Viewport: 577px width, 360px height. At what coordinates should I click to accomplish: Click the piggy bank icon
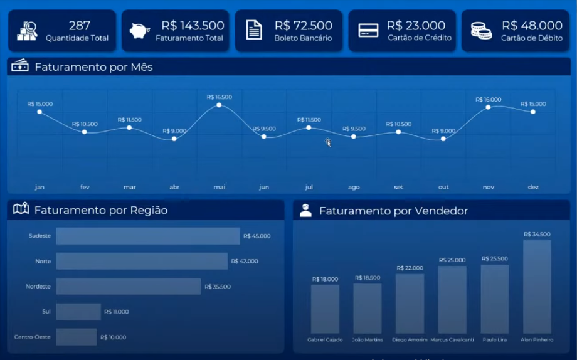(x=140, y=31)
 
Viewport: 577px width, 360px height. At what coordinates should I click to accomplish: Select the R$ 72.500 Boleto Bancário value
(x=303, y=26)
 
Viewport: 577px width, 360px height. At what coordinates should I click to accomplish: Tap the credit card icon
(x=368, y=31)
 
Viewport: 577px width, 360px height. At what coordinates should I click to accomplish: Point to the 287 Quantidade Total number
(x=80, y=26)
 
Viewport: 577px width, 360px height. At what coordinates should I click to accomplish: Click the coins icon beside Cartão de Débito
(x=481, y=31)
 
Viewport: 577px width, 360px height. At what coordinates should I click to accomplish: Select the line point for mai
(x=219, y=105)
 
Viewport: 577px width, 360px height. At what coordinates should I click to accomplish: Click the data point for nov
(x=488, y=108)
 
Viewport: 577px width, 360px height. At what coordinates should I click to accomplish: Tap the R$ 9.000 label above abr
(x=174, y=131)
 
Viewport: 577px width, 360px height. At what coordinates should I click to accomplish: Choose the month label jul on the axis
(x=309, y=187)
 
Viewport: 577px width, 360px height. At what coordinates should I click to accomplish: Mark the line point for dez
(x=533, y=112)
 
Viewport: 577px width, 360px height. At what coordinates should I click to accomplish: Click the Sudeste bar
(x=147, y=236)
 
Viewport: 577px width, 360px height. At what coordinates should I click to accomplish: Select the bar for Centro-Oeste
(x=76, y=337)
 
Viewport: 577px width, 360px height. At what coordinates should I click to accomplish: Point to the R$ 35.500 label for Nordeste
(x=217, y=287)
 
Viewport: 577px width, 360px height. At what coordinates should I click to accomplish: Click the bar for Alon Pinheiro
(x=537, y=287)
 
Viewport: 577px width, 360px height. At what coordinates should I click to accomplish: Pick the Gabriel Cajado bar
(x=325, y=309)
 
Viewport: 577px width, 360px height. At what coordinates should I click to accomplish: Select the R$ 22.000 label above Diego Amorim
(x=410, y=268)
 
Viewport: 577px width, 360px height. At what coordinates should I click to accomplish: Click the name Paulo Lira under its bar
(x=495, y=340)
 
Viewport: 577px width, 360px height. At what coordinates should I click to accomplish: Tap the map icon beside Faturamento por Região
(x=21, y=209)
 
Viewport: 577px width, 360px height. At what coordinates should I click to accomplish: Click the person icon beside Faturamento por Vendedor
(x=305, y=211)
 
